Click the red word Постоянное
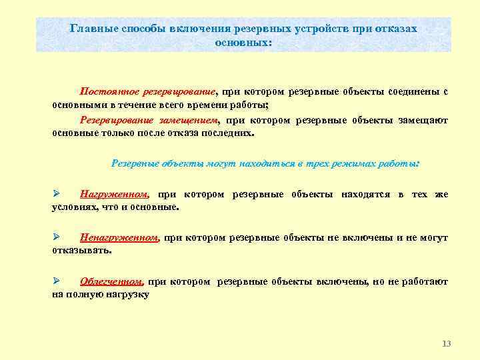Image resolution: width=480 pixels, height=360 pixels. click(x=107, y=91)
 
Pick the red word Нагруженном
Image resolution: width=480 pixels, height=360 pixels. click(x=113, y=195)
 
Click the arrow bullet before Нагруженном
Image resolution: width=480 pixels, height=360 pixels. click(x=57, y=194)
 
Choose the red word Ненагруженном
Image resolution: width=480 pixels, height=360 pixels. click(x=119, y=238)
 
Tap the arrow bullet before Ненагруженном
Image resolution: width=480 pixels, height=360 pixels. click(x=57, y=237)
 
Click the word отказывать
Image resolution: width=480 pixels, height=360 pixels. click(x=82, y=251)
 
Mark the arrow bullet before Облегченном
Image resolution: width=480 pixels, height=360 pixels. click(x=57, y=281)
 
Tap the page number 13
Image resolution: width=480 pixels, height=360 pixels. click(x=446, y=343)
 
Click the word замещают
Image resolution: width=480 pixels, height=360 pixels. click(x=424, y=121)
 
